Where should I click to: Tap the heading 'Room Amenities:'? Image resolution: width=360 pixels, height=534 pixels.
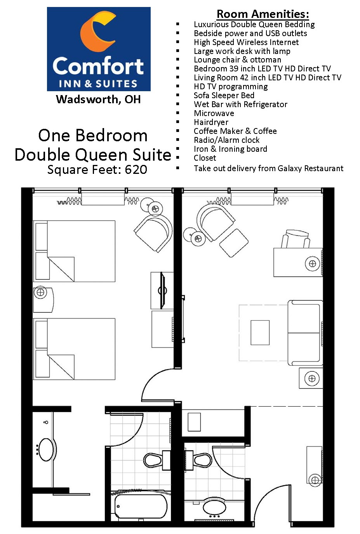263,14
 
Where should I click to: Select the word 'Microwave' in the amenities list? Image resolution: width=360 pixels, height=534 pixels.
214,113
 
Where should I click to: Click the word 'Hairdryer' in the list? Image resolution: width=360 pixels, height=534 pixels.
211,122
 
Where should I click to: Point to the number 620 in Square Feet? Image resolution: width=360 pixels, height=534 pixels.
136,170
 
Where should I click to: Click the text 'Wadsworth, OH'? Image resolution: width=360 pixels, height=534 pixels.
98,99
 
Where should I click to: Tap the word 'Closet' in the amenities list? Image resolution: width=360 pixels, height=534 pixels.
205,158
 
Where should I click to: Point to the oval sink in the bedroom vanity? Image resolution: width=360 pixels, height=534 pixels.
46,450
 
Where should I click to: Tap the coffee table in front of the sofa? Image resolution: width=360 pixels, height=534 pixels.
260,332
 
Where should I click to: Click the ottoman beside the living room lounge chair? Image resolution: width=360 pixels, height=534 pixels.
234,243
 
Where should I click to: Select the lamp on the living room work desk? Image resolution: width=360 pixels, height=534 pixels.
313,264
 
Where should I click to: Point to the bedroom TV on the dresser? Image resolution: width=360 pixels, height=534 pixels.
162,290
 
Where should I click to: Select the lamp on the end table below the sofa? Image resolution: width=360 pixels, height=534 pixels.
312,378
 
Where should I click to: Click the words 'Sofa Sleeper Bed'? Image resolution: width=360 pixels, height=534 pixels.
224,95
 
